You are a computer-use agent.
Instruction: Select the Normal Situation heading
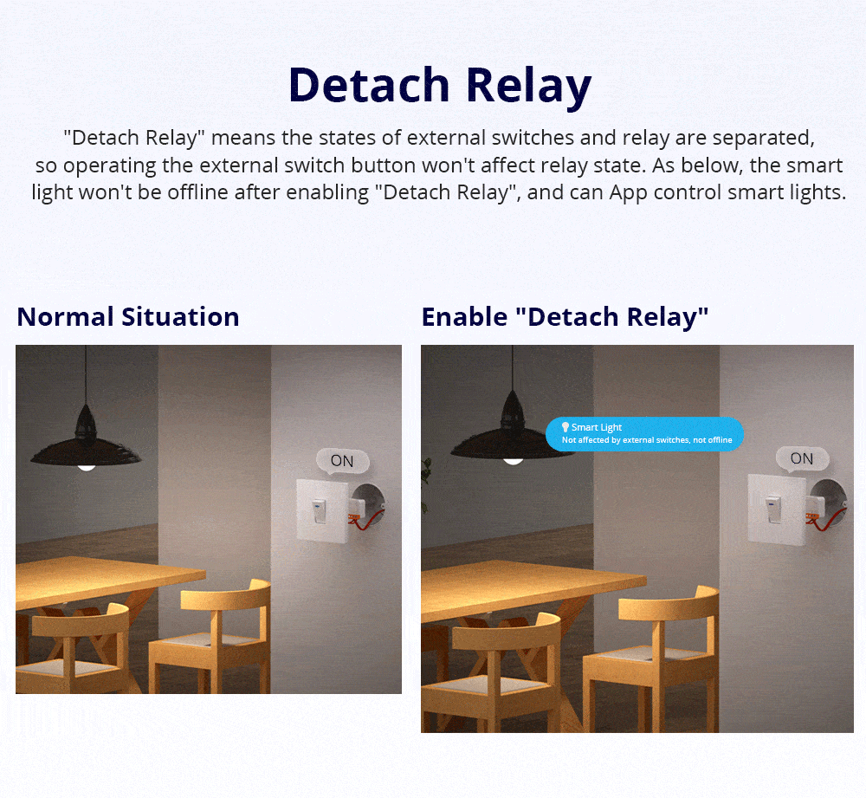(128, 317)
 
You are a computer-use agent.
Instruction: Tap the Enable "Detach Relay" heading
(565, 317)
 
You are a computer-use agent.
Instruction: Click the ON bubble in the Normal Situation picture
(342, 461)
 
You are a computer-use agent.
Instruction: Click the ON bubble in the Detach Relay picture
(802, 458)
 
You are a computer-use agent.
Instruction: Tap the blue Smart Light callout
(645, 433)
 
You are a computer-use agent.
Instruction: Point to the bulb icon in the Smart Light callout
(565, 427)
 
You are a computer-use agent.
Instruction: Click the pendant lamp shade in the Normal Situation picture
(86, 442)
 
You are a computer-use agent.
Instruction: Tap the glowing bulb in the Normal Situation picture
(86, 465)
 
